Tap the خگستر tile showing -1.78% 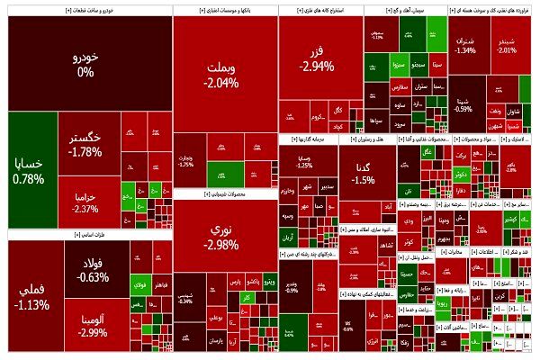(x=85, y=144)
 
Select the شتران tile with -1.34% (x=466, y=45)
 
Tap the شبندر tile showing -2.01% (x=508, y=45)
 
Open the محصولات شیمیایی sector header (x=224, y=193)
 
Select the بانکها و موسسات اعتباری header (x=224, y=10)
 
